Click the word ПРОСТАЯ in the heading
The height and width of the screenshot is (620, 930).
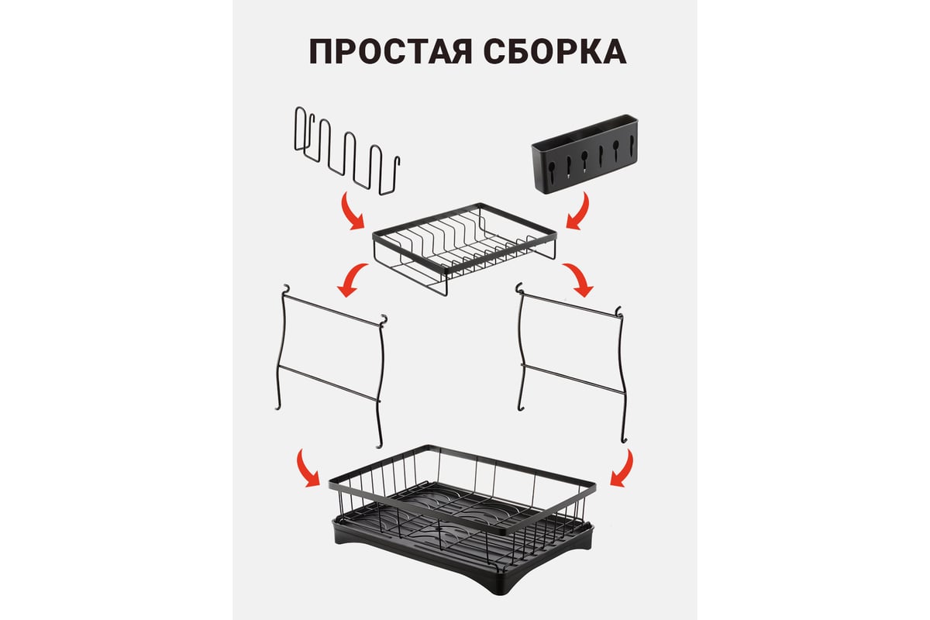point(391,51)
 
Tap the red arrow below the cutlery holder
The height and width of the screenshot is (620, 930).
point(580,212)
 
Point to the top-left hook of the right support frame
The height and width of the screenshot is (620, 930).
point(518,288)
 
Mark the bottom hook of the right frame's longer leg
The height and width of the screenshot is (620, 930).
point(624,439)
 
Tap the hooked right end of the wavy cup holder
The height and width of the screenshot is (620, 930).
point(398,162)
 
